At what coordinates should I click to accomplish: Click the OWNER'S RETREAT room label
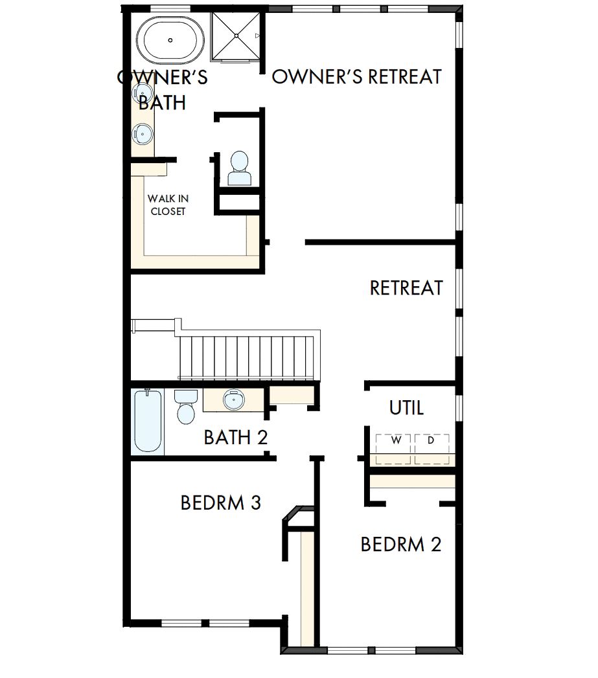[x=356, y=76]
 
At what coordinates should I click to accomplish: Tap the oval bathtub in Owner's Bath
[x=170, y=40]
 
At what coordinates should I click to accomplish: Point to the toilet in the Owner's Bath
[x=239, y=169]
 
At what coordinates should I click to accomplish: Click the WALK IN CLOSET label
[x=168, y=205]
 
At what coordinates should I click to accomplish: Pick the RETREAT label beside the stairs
[x=406, y=288]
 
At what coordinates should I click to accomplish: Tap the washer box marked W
[x=395, y=441]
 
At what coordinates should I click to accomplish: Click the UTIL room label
[x=406, y=408]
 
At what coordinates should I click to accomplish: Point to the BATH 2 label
[x=235, y=437]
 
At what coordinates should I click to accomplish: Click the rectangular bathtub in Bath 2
[x=147, y=420]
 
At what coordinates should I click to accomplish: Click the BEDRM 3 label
[x=220, y=503]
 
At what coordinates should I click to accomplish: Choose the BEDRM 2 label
[x=400, y=544]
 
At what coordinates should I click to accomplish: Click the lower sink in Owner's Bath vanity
[x=143, y=135]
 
